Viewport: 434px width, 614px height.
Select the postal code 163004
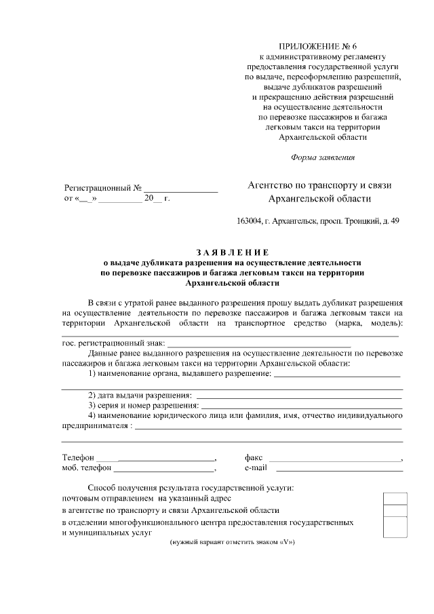pyautogui.click(x=249, y=221)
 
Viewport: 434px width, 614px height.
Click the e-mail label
pyautogui.click(x=256, y=468)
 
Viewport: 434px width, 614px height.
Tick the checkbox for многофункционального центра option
pyautogui.click(x=395, y=526)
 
